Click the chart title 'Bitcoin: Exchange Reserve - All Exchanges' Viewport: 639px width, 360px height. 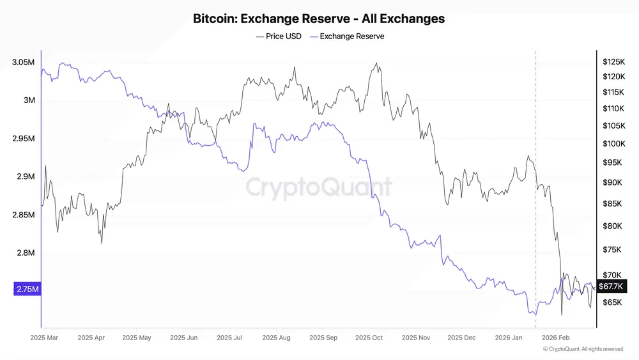coord(319,19)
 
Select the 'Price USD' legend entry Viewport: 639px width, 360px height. coord(279,36)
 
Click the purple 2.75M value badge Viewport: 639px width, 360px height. coord(26,290)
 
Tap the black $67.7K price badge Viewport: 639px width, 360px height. coord(612,286)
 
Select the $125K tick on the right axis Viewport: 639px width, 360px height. coord(613,62)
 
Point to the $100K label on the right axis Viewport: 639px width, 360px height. coord(613,144)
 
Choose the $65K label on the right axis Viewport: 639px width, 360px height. coord(612,302)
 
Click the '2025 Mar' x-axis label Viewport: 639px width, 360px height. coord(45,337)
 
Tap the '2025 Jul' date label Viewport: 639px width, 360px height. coord(229,337)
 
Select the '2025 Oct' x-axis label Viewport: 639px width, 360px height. coord(369,337)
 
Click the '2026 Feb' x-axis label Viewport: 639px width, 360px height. coord(555,337)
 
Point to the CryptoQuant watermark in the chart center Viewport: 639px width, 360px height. coord(319,187)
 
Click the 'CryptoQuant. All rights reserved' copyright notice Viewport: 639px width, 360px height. coord(583,349)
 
